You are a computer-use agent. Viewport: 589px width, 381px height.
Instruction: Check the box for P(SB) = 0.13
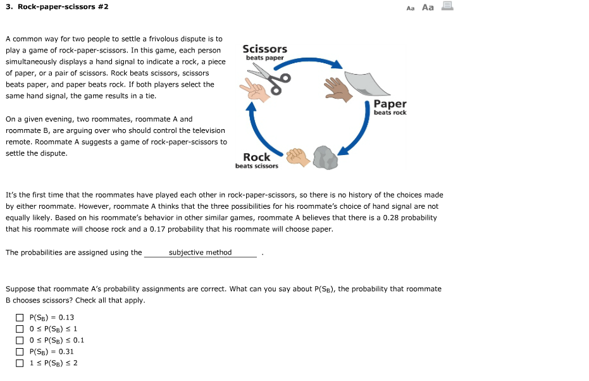pos(20,318)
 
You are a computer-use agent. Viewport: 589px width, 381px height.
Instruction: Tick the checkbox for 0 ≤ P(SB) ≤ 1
pos(20,329)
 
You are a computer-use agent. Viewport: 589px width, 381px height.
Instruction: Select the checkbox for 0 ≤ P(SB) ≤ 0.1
pos(20,340)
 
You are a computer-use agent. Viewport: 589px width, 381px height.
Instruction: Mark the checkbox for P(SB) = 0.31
pos(20,352)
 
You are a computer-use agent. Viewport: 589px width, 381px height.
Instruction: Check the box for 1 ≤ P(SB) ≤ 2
pos(20,363)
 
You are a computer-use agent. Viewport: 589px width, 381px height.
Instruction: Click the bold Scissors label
pos(264,49)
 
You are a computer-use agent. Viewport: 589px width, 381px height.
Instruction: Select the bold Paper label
pos(390,104)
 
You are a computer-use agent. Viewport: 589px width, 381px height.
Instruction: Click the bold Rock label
pos(256,157)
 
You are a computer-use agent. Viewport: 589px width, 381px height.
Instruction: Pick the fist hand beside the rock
pos(297,156)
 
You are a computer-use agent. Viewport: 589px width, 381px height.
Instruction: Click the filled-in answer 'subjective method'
pos(200,253)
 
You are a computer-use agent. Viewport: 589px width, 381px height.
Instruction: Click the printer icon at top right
pos(447,7)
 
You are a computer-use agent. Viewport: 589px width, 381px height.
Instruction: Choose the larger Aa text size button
pos(428,8)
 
